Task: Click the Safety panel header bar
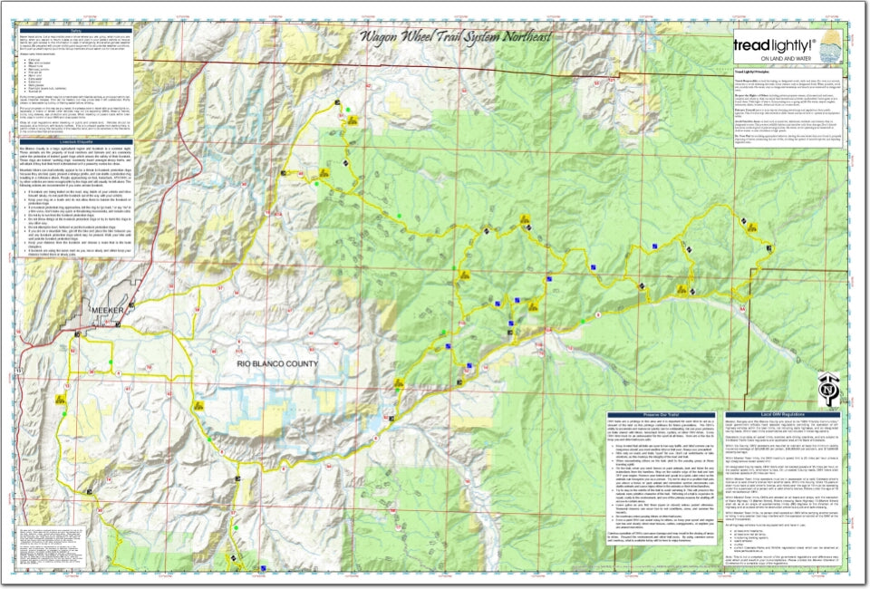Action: point(75,28)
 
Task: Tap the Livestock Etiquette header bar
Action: point(75,141)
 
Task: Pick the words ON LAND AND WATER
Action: point(781,58)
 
